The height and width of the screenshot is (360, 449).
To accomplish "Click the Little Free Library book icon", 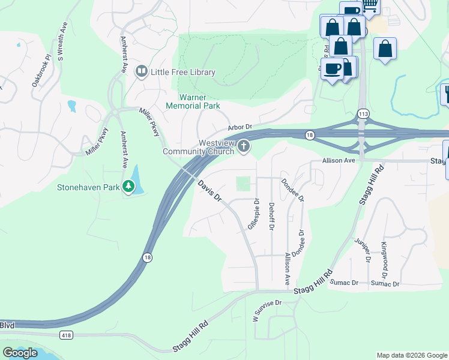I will click(141, 72).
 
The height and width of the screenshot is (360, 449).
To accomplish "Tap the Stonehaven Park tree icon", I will click(128, 187).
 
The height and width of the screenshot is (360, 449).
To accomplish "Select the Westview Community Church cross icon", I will click(244, 146).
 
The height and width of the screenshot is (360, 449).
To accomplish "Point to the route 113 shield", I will click(363, 113).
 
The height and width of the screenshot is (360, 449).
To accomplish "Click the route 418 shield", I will click(65, 334).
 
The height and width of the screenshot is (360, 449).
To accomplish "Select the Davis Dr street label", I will click(210, 191).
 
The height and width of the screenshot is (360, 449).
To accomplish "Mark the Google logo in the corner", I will click(20, 353).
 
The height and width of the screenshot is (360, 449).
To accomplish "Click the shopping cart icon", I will click(370, 5).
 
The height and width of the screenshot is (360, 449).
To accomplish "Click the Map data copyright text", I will click(412, 355).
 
